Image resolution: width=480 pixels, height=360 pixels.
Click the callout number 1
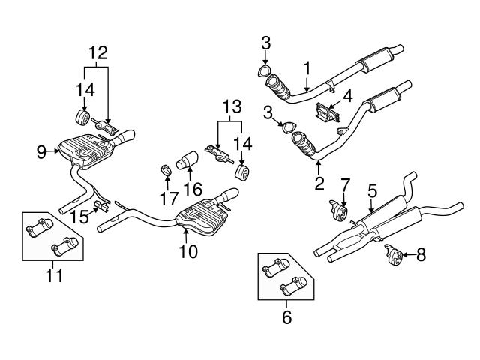tap(307, 69)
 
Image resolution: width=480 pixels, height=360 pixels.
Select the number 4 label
tap(346, 95)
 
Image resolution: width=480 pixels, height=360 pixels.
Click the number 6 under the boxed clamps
tap(286, 317)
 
